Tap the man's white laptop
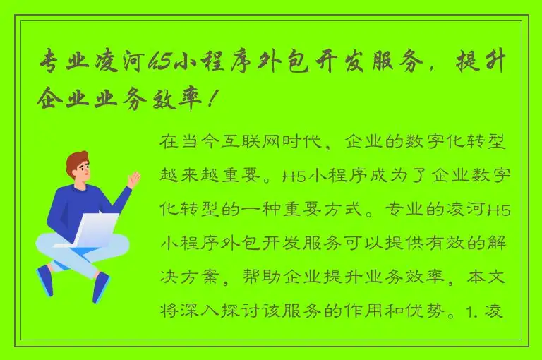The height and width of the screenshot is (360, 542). click(x=95, y=230)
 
